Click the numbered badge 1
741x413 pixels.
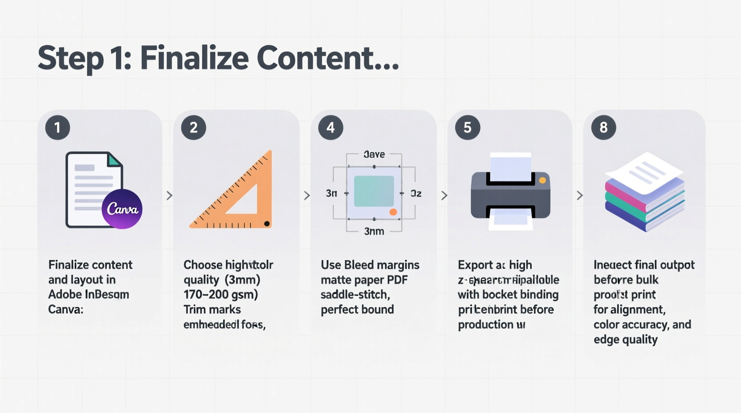click(x=57, y=128)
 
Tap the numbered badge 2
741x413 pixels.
click(x=193, y=128)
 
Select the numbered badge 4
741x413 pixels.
click(x=330, y=128)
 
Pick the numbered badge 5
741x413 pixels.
click(x=467, y=128)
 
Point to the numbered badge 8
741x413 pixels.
click(x=603, y=128)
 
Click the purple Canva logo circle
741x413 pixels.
click(x=122, y=209)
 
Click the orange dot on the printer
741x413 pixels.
click(x=542, y=180)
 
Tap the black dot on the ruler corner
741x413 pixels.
click(x=267, y=223)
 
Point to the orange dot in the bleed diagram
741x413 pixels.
click(x=393, y=212)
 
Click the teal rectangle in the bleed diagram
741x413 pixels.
click(x=374, y=191)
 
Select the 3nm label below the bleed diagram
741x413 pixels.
click(x=374, y=231)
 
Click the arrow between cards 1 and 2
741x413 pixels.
click(x=169, y=195)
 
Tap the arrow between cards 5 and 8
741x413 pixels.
click(x=579, y=195)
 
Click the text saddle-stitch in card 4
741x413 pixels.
click(x=355, y=295)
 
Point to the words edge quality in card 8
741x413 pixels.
click(x=625, y=340)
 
